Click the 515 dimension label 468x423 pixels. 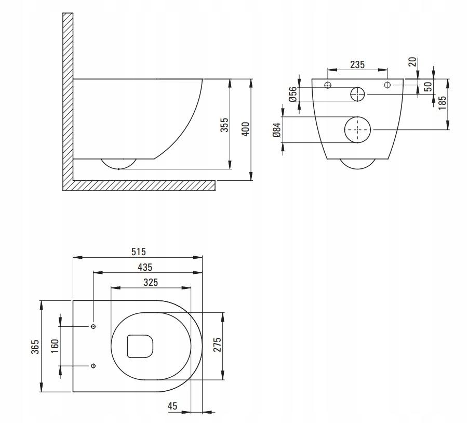point(138,252)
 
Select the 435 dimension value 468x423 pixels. point(145,267)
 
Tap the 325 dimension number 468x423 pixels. point(150,282)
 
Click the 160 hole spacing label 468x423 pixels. point(55,346)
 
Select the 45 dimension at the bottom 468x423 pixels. point(172,406)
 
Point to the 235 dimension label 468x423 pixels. point(357,65)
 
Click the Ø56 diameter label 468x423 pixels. point(293,94)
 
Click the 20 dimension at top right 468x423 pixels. point(412,62)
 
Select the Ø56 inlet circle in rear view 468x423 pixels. point(357,94)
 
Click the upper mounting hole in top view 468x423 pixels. point(93,326)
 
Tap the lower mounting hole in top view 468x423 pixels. point(93,365)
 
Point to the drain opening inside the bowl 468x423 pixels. point(141,346)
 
